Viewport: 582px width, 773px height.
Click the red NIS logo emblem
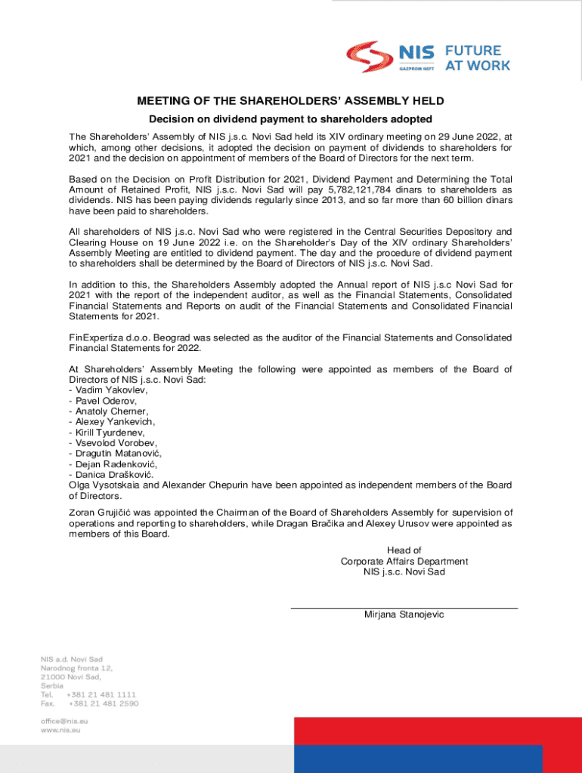(x=370, y=57)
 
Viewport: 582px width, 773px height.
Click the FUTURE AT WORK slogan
(x=477, y=57)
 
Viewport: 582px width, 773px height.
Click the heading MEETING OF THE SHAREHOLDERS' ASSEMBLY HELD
(x=290, y=101)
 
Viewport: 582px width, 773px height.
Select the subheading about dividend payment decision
(x=290, y=119)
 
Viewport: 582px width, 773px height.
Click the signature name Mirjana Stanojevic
(x=404, y=614)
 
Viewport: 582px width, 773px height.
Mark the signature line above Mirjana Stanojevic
(x=404, y=608)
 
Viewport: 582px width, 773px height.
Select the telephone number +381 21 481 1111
(x=101, y=694)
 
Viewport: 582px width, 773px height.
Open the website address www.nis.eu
(x=62, y=731)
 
